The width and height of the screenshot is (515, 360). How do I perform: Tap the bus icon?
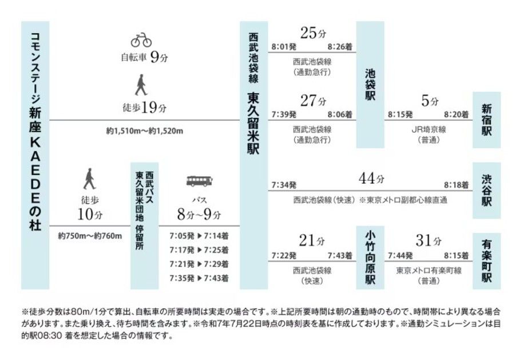(x=199, y=182)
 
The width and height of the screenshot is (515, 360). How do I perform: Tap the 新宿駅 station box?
(x=486, y=120)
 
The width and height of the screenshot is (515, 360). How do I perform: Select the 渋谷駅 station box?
(x=486, y=191)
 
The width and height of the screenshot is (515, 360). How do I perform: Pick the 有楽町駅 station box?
(x=486, y=261)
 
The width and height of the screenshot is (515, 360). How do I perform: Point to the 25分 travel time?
(x=312, y=34)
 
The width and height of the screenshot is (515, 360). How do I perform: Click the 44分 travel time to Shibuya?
(x=371, y=178)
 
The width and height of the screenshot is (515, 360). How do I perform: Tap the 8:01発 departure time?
(x=284, y=46)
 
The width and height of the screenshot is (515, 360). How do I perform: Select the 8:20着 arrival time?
(x=457, y=114)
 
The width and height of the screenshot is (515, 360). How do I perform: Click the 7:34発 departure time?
(x=284, y=185)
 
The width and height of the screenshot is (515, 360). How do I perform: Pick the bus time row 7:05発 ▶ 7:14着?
(x=199, y=235)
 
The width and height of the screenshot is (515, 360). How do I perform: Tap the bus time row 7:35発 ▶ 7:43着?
(x=199, y=278)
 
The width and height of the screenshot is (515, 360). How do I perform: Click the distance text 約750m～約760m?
(x=90, y=235)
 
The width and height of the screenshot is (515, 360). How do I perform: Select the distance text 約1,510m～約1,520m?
(x=144, y=131)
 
